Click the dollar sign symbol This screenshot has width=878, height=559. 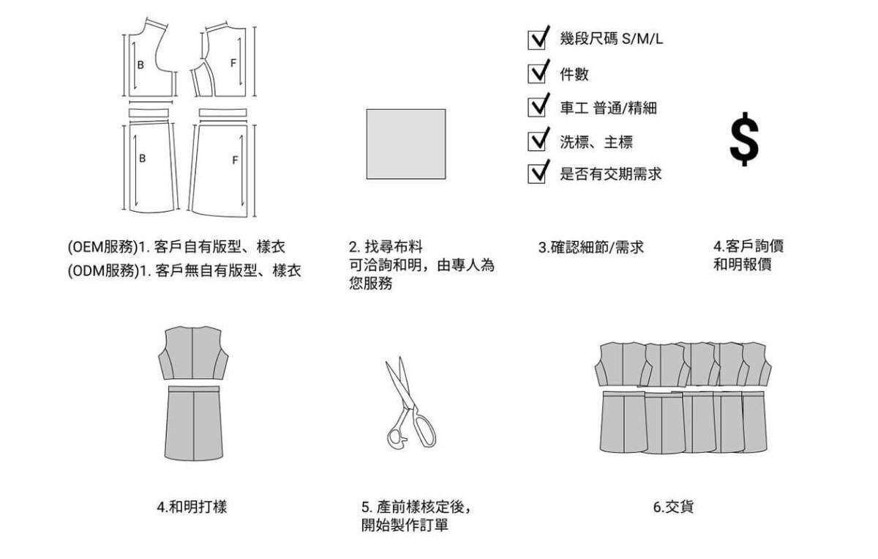click(744, 139)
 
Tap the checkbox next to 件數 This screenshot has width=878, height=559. click(536, 74)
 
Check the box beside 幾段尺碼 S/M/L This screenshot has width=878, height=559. click(536, 40)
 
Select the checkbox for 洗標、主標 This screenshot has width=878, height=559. click(536, 141)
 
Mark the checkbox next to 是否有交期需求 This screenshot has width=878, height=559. click(536, 174)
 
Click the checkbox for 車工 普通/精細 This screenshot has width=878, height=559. click(536, 108)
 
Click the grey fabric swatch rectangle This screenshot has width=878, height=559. click(406, 144)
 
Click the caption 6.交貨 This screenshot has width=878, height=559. click(673, 506)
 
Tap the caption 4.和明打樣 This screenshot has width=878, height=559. click(192, 506)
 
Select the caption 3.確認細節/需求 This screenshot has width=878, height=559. click(591, 248)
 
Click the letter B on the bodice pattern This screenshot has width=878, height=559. click(140, 65)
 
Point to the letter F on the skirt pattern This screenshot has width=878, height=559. click(235, 160)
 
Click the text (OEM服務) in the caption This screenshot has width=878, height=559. click(103, 247)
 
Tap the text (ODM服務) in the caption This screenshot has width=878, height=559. click(104, 271)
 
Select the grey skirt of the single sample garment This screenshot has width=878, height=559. click(194, 423)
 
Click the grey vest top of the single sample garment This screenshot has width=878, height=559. click(193, 352)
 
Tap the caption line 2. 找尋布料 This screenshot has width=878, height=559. click(386, 247)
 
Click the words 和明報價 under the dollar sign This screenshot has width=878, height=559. click(743, 264)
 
